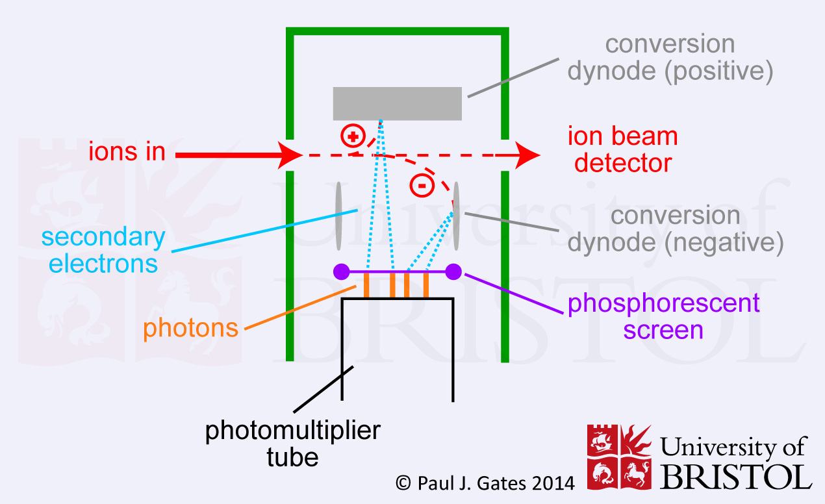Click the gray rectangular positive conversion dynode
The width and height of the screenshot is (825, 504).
(x=398, y=103)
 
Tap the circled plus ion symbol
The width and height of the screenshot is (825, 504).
(x=353, y=137)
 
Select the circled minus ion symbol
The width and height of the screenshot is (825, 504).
(x=422, y=186)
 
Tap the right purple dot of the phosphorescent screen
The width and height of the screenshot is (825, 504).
(x=453, y=271)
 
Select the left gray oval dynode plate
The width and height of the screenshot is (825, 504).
(x=338, y=216)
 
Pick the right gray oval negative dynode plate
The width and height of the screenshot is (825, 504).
(x=457, y=216)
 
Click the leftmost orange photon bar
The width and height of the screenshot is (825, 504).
(x=367, y=286)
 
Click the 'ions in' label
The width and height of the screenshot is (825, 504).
(x=127, y=153)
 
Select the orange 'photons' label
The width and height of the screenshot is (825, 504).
(x=191, y=328)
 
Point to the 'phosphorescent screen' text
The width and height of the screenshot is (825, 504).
(x=663, y=316)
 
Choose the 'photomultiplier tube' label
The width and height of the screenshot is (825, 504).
(x=293, y=444)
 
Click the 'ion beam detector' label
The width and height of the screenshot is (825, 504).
(x=622, y=150)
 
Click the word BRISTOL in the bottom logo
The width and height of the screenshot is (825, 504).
(x=737, y=476)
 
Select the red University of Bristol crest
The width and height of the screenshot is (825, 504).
(x=619, y=457)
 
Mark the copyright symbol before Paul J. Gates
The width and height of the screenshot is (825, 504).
(x=403, y=483)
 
